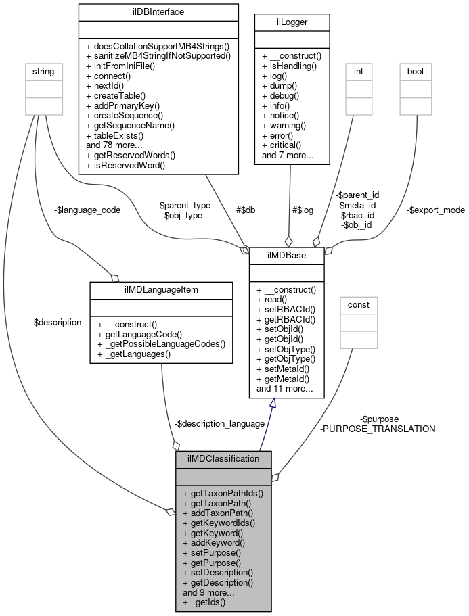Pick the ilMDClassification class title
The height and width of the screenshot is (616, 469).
[223, 458]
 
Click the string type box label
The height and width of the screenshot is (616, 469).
[40, 70]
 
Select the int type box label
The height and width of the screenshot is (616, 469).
[358, 70]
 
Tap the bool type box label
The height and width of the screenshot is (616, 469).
[415, 70]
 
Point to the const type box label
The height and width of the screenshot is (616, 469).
[358, 304]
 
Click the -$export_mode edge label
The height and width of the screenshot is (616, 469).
[436, 210]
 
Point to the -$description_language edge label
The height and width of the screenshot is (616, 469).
[219, 423]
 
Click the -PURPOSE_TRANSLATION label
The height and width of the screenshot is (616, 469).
[378, 429]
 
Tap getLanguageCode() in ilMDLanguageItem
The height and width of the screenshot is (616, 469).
[140, 334]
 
